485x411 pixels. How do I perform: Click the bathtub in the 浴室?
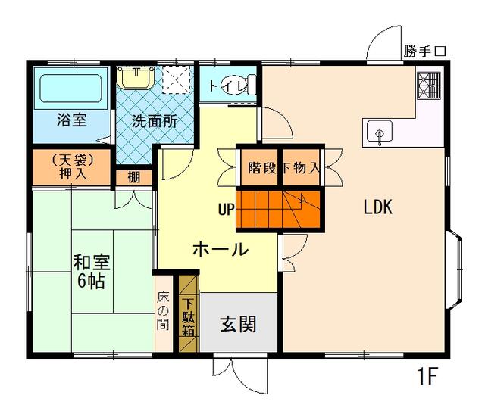point(70,89)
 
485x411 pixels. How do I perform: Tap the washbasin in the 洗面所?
point(136,77)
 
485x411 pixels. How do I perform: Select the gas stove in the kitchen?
point(428,86)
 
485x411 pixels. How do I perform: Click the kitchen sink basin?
point(380,132)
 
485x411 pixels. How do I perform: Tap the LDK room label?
point(377,207)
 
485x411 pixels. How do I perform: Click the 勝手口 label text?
point(424,51)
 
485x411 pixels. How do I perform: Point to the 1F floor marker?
point(427,376)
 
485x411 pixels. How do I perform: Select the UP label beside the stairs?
point(226,209)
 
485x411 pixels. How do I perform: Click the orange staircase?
point(278,209)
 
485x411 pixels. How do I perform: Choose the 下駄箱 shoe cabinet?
point(188,313)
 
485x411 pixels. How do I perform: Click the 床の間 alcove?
point(163,313)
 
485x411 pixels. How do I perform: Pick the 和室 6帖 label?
point(91,271)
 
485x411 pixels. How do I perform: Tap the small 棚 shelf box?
point(134,178)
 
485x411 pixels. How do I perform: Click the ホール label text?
point(221,249)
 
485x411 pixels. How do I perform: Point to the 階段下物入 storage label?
point(283,168)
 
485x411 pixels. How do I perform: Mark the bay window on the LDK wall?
point(454,269)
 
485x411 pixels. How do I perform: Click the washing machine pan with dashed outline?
point(176,79)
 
